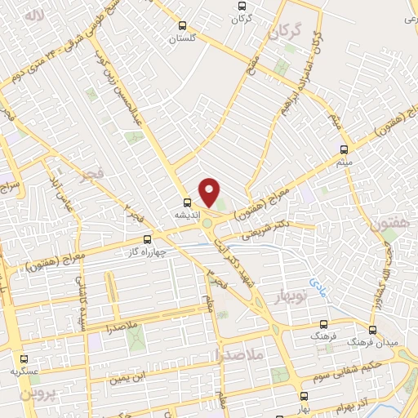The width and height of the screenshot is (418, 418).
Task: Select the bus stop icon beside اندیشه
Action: [x=188, y=202]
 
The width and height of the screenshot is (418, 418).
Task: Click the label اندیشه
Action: [x=185, y=214]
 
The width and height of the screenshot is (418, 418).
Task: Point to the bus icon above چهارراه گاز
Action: [x=147, y=240]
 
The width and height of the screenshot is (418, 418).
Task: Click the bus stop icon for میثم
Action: [x=344, y=149]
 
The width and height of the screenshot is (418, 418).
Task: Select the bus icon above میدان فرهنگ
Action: [x=373, y=331]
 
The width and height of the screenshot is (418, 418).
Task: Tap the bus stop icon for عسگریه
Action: [x=23, y=358]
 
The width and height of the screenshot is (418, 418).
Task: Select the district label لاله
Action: [x=33, y=16]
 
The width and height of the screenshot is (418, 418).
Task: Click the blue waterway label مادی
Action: [x=316, y=283]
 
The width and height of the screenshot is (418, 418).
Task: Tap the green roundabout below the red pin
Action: [x=208, y=223]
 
